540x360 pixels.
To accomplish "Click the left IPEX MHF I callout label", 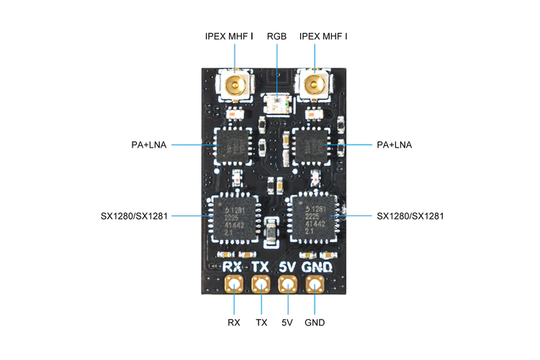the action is [229, 36].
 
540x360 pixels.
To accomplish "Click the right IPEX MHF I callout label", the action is [323, 36].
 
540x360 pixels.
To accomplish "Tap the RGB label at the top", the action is [276, 36].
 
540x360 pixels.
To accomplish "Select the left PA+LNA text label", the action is [149, 145].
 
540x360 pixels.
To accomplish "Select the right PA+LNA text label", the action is [395, 145].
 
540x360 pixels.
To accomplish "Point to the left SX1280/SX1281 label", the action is [134, 216].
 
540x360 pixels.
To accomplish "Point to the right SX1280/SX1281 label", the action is [410, 216].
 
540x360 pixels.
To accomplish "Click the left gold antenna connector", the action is [235, 85].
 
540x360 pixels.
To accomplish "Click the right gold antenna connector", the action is [314, 85].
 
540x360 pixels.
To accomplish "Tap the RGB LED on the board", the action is [276, 104].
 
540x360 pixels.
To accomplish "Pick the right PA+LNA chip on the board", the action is [311, 146].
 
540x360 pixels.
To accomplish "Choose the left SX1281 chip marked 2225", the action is [235, 219].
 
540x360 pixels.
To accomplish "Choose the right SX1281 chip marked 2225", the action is [313, 219].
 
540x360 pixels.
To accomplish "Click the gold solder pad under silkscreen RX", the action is [234, 284].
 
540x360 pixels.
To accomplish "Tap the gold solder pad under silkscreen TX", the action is [261, 284].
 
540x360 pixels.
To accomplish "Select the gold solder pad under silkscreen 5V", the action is [288, 284].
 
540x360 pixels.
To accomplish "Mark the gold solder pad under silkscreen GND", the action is [315, 284].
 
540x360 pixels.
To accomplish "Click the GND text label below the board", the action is [315, 323].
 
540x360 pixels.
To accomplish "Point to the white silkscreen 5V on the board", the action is [287, 267].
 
